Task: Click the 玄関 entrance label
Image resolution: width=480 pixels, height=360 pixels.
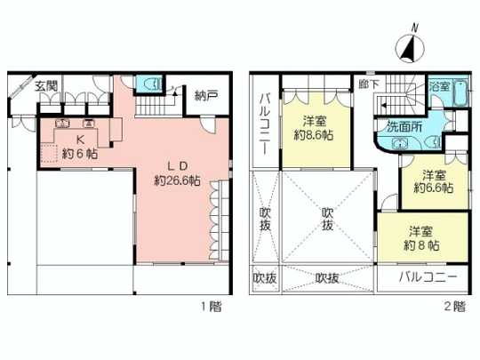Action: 46,86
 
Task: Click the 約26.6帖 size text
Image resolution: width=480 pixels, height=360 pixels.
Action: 176,180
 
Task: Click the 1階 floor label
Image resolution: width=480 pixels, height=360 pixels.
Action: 211,307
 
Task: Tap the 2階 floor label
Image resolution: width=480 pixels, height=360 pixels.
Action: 452,307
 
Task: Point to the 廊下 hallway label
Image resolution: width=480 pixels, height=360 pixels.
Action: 369,84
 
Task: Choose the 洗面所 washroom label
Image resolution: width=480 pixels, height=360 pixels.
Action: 404,125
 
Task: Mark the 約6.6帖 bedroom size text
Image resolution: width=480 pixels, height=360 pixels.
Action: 433,188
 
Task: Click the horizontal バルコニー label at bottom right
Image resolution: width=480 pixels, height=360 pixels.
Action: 428,278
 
